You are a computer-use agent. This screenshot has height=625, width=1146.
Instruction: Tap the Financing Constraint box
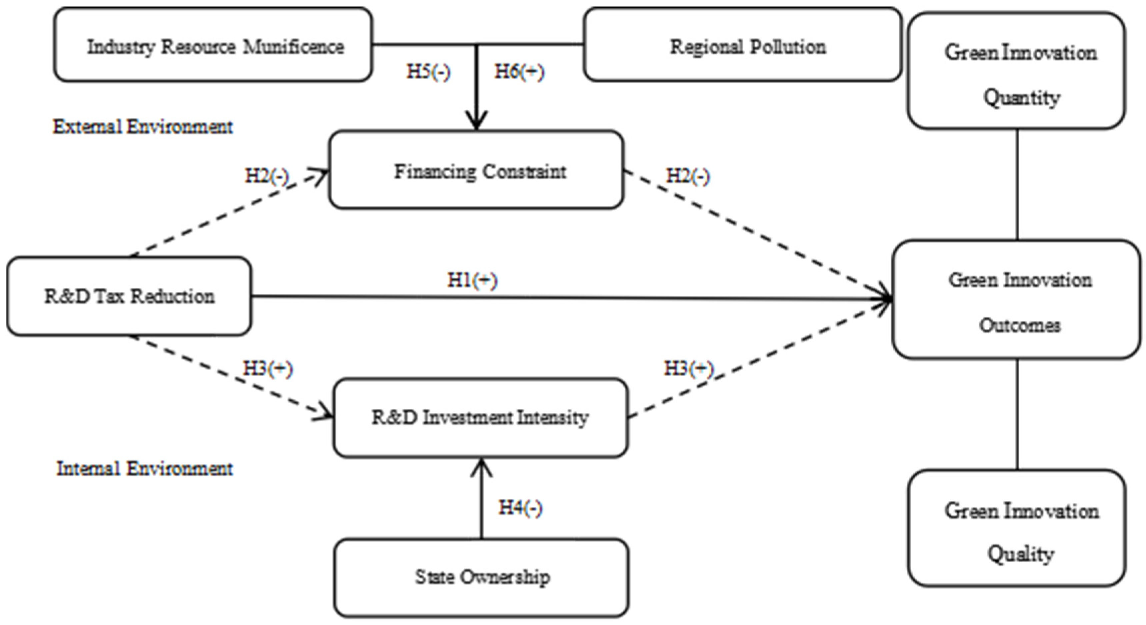[x=476, y=170]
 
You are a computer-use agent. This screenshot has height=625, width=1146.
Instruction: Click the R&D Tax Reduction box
[x=129, y=296]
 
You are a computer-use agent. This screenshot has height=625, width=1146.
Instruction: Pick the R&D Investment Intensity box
[x=481, y=418]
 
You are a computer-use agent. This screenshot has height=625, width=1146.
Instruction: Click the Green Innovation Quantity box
[x=1017, y=71]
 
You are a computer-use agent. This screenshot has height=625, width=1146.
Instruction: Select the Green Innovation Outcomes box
[x=1017, y=299]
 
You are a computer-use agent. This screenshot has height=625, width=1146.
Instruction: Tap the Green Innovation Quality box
[x=1017, y=528]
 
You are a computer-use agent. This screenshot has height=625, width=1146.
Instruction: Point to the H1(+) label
[x=472, y=280]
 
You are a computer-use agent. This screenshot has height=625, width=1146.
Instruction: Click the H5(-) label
[x=428, y=72]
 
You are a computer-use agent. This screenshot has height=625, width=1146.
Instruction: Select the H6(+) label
[x=519, y=72]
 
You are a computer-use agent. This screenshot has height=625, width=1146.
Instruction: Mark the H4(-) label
[x=520, y=508]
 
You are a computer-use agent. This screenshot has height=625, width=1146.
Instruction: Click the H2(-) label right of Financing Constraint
[x=688, y=176]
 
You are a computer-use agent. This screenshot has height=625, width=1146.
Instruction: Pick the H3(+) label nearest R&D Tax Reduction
[x=267, y=369]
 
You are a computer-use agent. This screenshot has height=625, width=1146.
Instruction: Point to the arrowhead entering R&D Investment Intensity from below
[x=481, y=467]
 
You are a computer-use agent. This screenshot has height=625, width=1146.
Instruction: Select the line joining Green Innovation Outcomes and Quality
[x=1017, y=414]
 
